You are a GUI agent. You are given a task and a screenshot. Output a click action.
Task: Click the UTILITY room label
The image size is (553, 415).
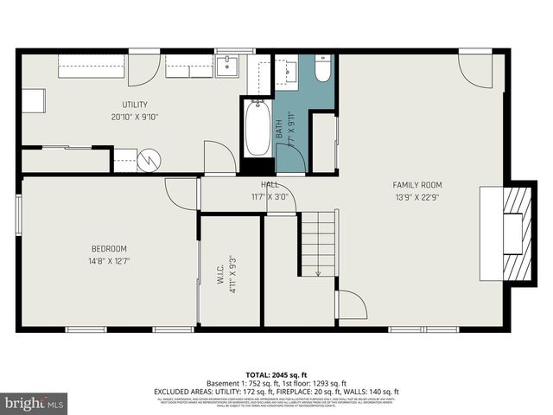(134, 105)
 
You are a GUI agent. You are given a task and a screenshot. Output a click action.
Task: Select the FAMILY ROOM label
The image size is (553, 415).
(417, 184)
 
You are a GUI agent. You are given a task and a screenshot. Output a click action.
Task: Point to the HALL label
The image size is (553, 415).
(270, 185)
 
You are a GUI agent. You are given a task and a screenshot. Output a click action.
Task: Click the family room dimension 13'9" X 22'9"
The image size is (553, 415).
(417, 196)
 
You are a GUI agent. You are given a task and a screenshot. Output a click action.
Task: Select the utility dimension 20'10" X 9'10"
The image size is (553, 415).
(134, 117)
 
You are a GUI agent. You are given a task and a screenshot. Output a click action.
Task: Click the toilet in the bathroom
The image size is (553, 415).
(322, 70)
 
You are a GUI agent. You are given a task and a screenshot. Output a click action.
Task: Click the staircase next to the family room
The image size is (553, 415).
(318, 244)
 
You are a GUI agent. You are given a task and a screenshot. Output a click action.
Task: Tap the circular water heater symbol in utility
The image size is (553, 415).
(150, 160)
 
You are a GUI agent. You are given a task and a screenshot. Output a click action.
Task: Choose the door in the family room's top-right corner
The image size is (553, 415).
(475, 69)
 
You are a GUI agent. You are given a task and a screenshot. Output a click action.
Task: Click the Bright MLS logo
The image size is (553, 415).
(35, 403)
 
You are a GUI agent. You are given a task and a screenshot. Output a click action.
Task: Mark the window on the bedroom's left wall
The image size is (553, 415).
(18, 214)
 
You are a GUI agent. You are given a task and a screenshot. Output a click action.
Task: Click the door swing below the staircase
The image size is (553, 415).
(351, 304)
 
